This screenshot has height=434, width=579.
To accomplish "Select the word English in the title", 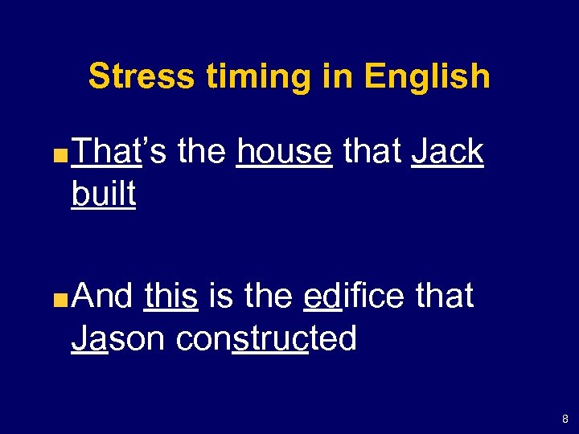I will [426, 77].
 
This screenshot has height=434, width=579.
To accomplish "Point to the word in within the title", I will [335, 77].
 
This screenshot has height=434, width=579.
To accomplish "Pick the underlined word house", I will [285, 152].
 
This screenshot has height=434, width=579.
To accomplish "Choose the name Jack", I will [447, 152].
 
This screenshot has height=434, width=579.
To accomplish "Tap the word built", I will [104, 194].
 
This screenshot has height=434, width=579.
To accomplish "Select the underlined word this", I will [171, 297].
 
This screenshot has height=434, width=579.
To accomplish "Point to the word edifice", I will [355, 297].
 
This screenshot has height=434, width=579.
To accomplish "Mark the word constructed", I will [266, 339].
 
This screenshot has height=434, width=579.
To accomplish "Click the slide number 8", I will [565, 419].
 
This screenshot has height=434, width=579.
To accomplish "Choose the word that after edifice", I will [445, 297].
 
